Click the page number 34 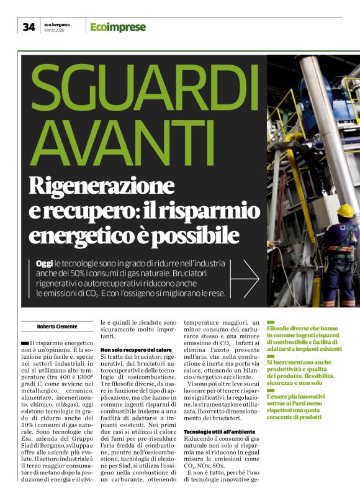[x=29, y=27]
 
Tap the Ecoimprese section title [x=118, y=27]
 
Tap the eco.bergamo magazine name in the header [x=57, y=24]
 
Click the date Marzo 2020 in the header [x=55, y=30]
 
